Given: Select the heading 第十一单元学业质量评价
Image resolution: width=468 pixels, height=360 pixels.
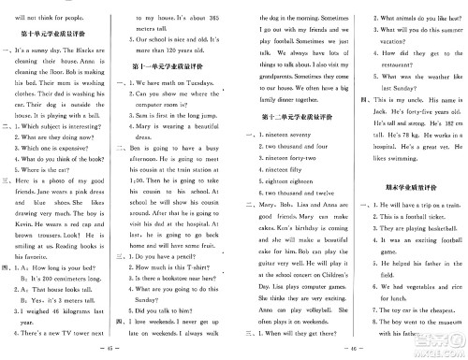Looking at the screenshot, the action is pos(173,69).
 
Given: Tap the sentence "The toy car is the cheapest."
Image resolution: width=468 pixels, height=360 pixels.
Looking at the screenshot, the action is pos(412,332).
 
